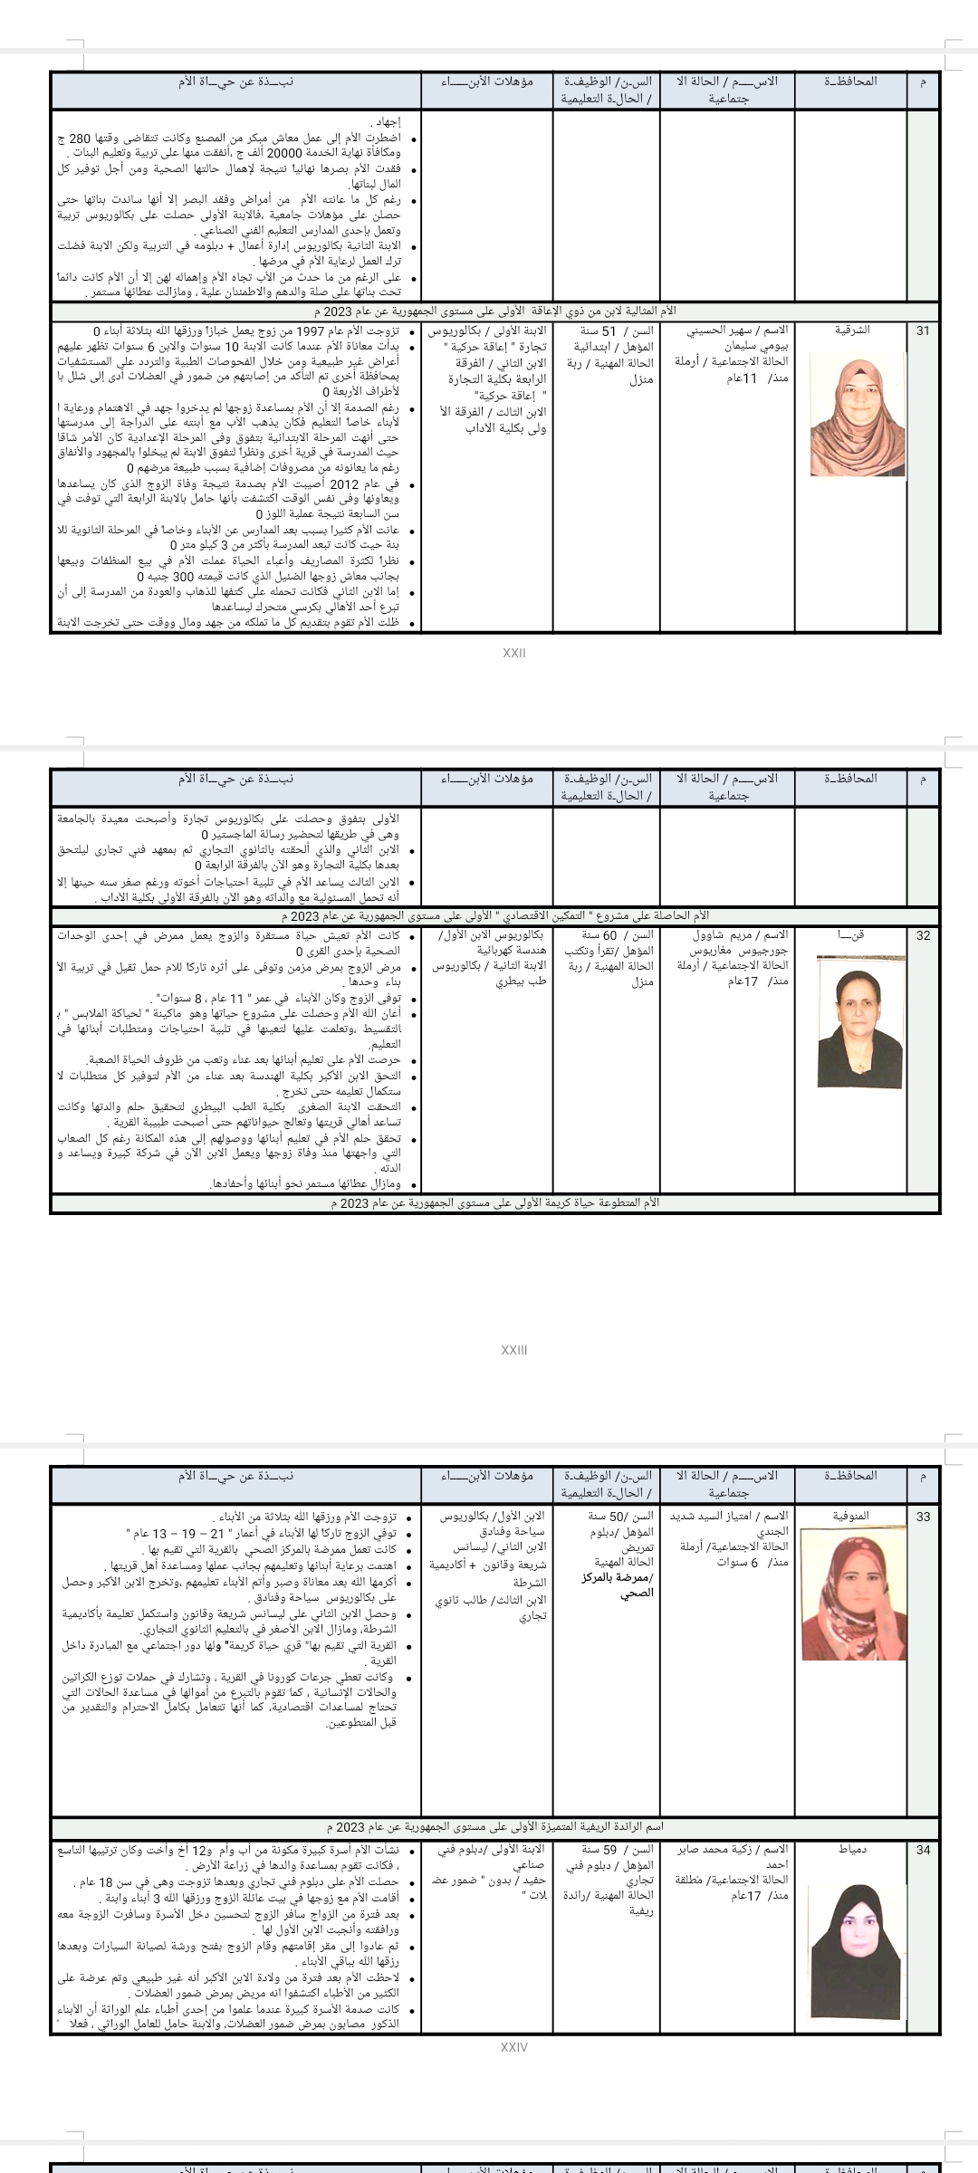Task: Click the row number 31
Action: (923, 330)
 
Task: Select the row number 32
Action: (923, 936)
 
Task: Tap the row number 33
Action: (923, 1516)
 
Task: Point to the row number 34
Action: (923, 1850)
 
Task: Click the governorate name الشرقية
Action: (851, 330)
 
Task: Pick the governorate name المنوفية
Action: (851, 1516)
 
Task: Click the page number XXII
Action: (513, 653)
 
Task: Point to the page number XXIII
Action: (513, 1350)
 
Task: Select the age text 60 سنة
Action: (599, 935)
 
